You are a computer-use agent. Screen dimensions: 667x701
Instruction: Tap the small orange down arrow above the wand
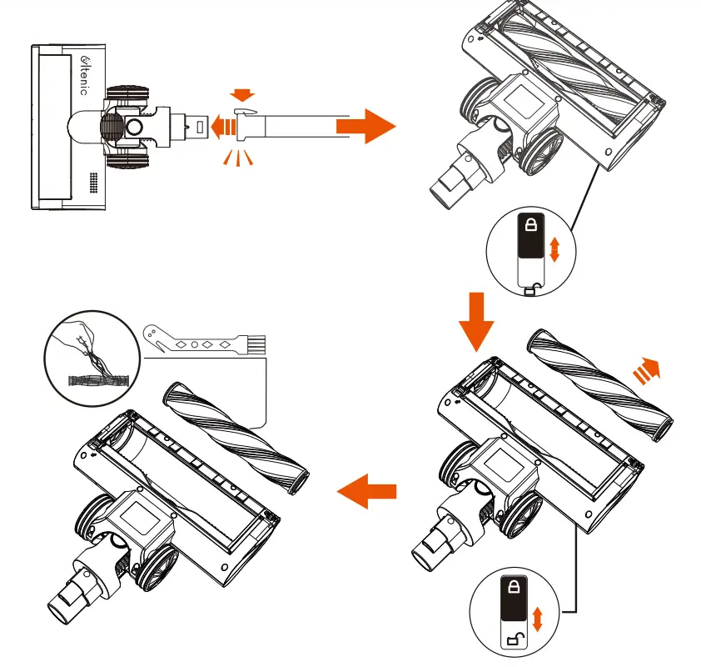pyautogui.click(x=243, y=96)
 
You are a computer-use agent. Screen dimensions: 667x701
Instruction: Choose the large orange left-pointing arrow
pyautogui.click(x=366, y=493)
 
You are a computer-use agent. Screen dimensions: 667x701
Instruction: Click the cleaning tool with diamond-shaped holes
pyautogui.click(x=199, y=341)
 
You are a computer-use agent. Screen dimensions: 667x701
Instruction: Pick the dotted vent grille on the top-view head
pyautogui.click(x=93, y=183)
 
